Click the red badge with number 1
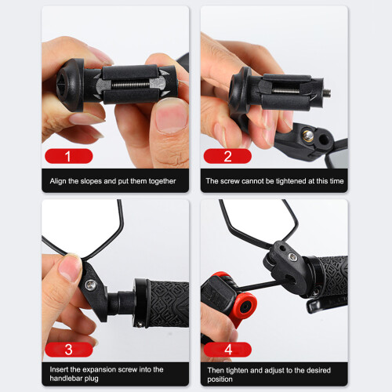pyautogui.click(x=69, y=156)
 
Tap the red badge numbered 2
pyautogui.click(x=227, y=156)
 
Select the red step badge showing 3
pyautogui.click(x=69, y=350)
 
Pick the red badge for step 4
pyautogui.click(x=227, y=350)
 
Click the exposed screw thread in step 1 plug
pyautogui.click(x=130, y=85)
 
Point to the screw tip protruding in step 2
pyautogui.click(x=327, y=93)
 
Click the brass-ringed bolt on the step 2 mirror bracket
pyautogui.click(x=308, y=136)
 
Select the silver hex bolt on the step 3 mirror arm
pyautogui.click(x=90, y=285)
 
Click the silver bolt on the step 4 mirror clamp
pyautogui.click(x=292, y=257)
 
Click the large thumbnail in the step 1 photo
pyautogui.click(x=172, y=116)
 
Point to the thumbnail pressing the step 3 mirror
pyautogui.click(x=69, y=268)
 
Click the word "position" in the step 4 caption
pyautogui.click(x=220, y=379)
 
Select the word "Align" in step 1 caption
pyautogui.click(x=58, y=181)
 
